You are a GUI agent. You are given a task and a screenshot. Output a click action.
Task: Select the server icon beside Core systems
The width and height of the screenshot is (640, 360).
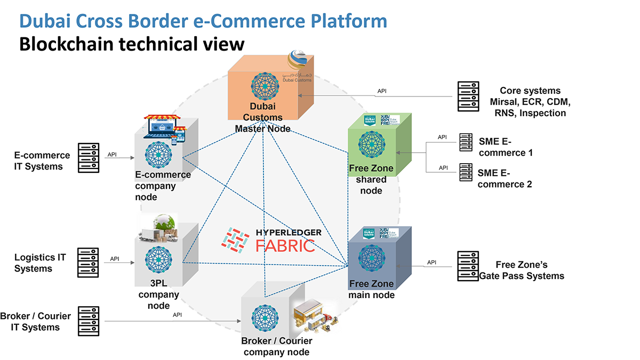468,96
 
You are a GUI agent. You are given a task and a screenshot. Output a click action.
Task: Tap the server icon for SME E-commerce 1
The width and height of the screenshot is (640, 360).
466,142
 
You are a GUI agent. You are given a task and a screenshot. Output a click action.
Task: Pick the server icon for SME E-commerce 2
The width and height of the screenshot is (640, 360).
466,173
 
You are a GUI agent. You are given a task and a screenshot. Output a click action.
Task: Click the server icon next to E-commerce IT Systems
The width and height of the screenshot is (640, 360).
89,158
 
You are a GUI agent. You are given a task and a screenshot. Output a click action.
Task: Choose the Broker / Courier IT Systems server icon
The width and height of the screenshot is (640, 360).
89,321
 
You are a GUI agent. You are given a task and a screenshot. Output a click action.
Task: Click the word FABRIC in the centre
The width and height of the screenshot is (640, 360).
284,245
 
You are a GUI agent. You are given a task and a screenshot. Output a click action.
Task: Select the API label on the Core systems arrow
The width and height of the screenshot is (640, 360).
382,91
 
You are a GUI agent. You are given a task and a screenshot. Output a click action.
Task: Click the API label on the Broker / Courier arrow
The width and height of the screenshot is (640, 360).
177,315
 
